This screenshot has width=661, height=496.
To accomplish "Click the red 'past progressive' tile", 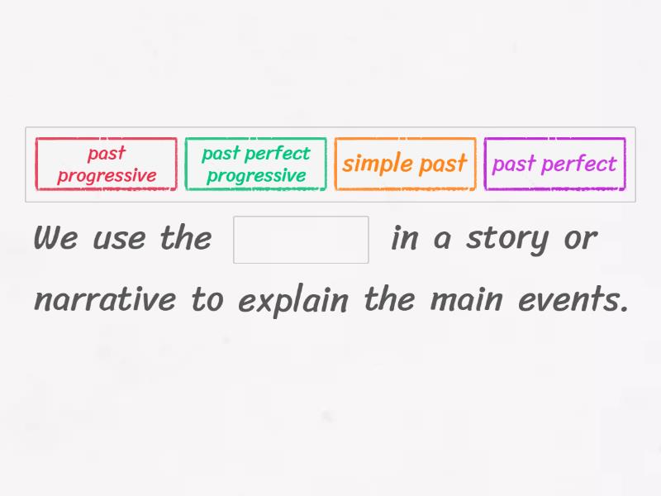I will click(107, 164).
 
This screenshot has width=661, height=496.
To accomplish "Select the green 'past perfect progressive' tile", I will click(256, 164).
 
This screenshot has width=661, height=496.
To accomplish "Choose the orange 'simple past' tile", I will click(405, 164).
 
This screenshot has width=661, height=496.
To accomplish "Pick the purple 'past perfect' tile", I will click(554, 164).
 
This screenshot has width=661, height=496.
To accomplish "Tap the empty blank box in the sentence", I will click(301, 240).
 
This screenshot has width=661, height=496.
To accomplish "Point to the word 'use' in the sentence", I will click(121, 240).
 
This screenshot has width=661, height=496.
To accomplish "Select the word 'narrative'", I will click(104, 299).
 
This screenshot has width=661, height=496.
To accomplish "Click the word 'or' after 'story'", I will click(579, 240).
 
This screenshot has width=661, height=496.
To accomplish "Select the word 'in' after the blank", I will click(404, 239).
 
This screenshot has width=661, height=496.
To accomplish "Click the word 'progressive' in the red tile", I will click(107, 175).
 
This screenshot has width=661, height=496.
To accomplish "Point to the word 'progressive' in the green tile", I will click(256, 175).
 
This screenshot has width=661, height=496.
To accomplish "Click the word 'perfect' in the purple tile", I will click(583, 164).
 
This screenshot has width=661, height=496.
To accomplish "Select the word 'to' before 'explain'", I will click(207, 299).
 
